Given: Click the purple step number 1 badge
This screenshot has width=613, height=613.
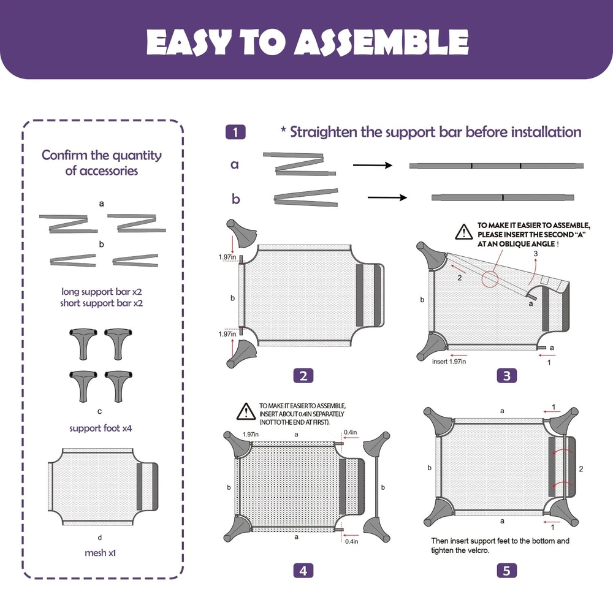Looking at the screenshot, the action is [235, 132].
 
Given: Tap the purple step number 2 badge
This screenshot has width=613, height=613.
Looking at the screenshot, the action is [303, 376].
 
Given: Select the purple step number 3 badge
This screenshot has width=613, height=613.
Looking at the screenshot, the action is [507, 376].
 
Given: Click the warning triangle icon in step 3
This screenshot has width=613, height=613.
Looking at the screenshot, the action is [464, 232].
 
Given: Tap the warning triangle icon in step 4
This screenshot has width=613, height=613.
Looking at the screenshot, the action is [246, 411].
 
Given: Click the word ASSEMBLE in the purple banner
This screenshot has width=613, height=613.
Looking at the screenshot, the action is [381, 42].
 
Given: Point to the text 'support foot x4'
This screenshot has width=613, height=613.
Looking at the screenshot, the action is [101, 428].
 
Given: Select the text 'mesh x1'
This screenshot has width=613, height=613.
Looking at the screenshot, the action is [100, 553].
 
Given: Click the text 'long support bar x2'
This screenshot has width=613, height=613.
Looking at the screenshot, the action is [102, 292].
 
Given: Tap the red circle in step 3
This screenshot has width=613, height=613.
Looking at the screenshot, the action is [490, 279].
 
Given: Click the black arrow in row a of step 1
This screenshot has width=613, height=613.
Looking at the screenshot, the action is [373, 166].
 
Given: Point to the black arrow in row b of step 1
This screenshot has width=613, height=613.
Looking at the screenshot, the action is [387, 197].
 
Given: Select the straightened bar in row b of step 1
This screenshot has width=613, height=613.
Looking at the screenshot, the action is [503, 197].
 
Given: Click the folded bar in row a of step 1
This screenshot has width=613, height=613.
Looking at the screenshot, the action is [300, 164].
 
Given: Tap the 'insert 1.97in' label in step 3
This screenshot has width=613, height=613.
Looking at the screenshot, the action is [449, 362].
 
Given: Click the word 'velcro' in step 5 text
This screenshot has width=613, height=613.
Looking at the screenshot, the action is [479, 550].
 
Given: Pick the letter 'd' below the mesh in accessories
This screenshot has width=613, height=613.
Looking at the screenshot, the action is [100, 538].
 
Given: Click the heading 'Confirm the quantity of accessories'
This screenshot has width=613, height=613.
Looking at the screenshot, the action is [102, 162].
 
